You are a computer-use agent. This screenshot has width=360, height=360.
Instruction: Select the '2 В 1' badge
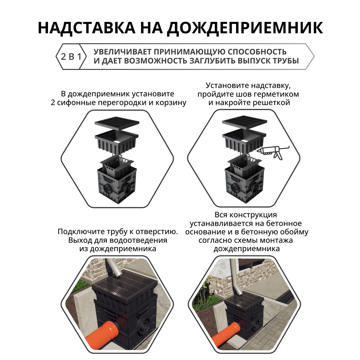71,56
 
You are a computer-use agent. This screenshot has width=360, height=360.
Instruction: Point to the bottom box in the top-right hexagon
244,186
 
